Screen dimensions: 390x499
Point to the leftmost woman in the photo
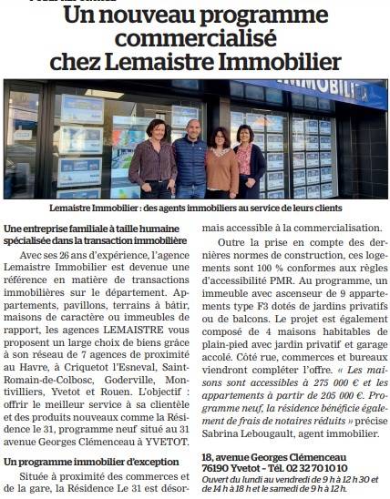pyautogui.click(x=153, y=158)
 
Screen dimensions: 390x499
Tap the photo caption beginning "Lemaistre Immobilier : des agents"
pyautogui.click(x=195, y=209)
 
